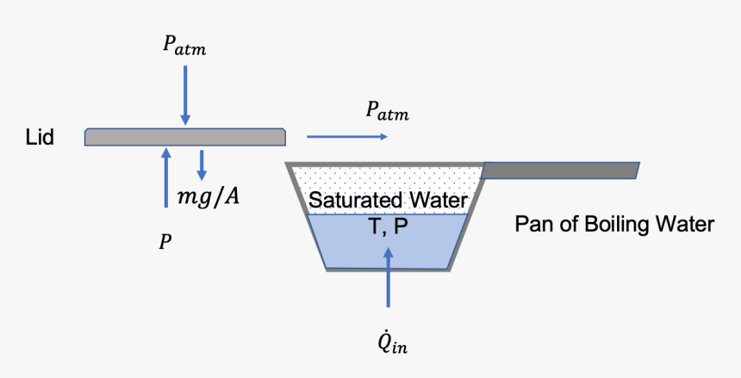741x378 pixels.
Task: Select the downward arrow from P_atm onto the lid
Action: [x=184, y=96]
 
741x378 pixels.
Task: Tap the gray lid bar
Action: [x=185, y=137]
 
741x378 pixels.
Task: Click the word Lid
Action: [x=40, y=137]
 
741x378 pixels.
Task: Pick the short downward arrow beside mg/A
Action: [x=202, y=163]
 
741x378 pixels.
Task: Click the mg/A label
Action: [x=208, y=197]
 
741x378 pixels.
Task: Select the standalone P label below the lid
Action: [x=164, y=243]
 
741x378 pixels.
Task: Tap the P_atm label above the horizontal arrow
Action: [x=387, y=111]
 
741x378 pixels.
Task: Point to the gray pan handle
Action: [x=560, y=170]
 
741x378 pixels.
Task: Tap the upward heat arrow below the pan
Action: [x=388, y=276]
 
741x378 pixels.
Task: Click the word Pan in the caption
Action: [x=533, y=225]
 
